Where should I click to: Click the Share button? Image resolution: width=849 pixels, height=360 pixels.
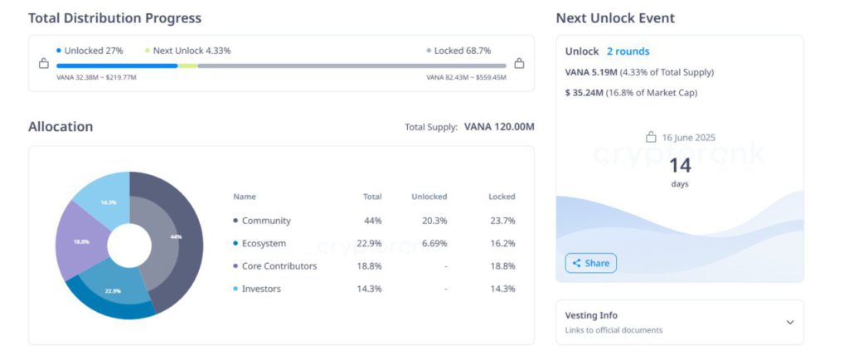pyautogui.click(x=590, y=263)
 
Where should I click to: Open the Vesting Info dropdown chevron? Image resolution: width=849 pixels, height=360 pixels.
pyautogui.click(x=789, y=322)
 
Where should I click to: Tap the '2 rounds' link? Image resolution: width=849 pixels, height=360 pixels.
pyautogui.click(x=628, y=51)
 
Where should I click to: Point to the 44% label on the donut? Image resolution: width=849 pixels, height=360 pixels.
pyautogui.click(x=175, y=236)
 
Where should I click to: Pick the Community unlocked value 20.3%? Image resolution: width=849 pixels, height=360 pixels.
pyautogui.click(x=434, y=221)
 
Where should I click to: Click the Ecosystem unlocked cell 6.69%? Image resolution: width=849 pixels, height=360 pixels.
pyautogui.click(x=434, y=243)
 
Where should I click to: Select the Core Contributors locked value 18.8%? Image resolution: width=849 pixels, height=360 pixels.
pyautogui.click(x=502, y=266)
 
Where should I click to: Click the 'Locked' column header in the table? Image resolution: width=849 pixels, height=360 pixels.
pyautogui.click(x=502, y=197)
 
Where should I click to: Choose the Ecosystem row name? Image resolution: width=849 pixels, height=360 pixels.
pyautogui.click(x=264, y=243)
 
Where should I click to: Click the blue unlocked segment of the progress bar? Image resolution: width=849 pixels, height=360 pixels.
pyautogui.click(x=116, y=65)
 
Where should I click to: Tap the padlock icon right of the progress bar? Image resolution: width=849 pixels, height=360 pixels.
pyautogui.click(x=519, y=63)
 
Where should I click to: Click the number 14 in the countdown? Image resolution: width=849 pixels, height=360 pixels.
pyautogui.click(x=680, y=165)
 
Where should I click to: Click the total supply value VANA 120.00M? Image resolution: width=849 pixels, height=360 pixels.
pyautogui.click(x=499, y=127)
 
